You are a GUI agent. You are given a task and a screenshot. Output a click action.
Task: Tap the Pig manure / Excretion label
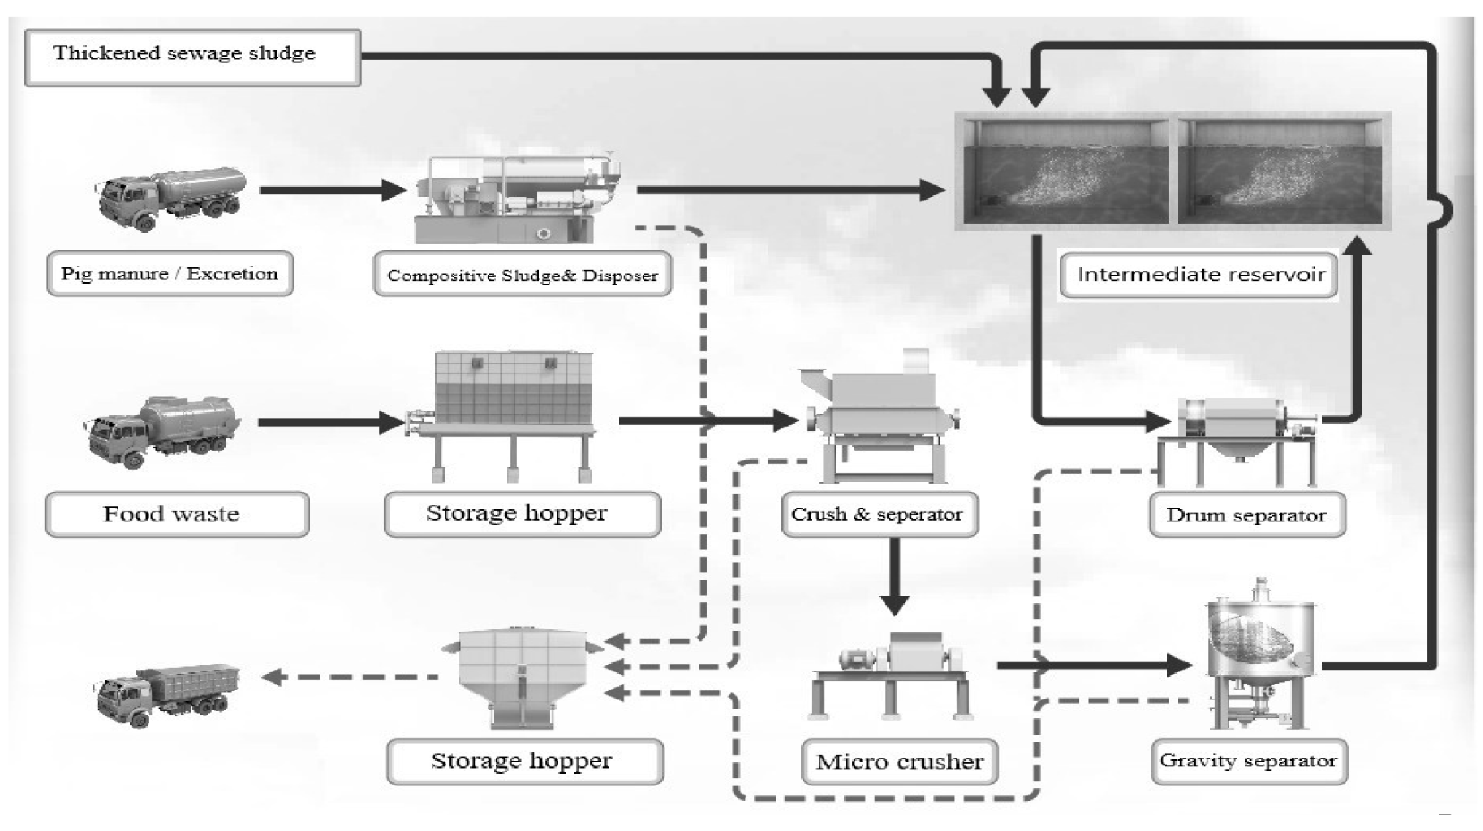click(170, 273)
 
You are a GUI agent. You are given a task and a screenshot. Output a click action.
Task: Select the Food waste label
click(177, 514)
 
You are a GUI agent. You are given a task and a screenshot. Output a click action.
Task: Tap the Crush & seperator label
click(879, 514)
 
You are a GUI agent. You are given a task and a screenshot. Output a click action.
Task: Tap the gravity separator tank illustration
click(1260, 656)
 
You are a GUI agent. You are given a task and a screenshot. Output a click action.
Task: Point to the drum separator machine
click(1243, 437)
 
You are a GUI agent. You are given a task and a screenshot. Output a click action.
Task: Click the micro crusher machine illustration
click(892, 673)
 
